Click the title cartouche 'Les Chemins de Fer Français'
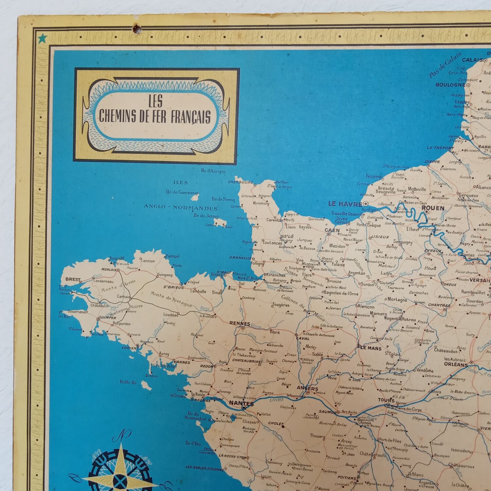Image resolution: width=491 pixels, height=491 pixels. (156, 115)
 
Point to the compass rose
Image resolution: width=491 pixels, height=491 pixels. (123, 473)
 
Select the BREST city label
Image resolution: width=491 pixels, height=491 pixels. (73, 279)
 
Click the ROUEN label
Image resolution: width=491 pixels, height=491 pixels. (433, 208)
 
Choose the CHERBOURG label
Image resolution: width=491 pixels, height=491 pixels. (241, 182)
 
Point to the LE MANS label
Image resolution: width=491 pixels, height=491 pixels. (371, 348)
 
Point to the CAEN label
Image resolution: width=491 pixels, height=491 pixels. (332, 230)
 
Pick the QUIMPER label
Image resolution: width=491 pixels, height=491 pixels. (107, 318)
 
